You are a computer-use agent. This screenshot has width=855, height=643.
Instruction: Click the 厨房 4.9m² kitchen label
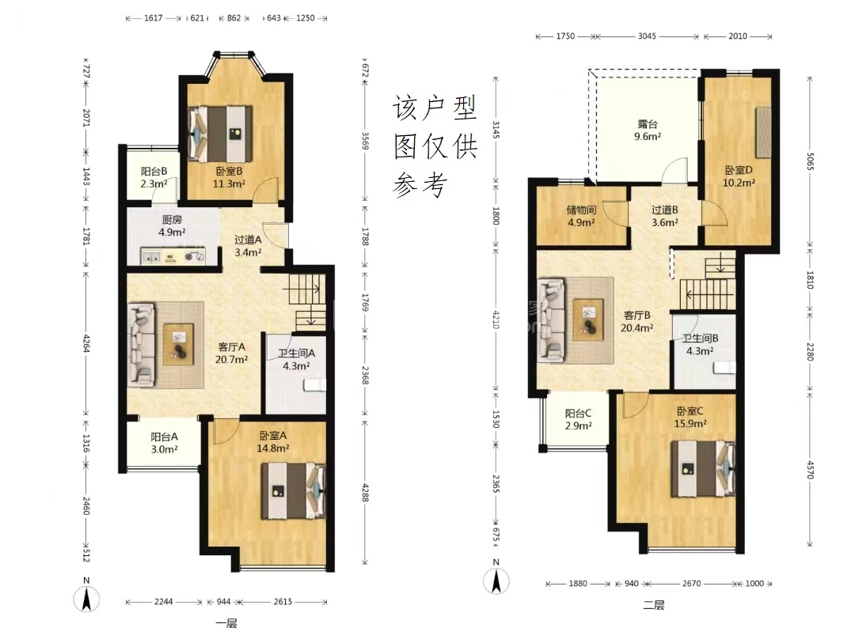click(x=172, y=225)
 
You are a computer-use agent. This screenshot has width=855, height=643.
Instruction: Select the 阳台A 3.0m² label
click(x=164, y=443)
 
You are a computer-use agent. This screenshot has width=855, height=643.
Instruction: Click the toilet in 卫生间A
click(x=314, y=386)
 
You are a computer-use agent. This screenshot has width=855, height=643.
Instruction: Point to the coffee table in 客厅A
click(x=179, y=344)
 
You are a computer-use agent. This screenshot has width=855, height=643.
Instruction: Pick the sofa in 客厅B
click(x=551, y=320)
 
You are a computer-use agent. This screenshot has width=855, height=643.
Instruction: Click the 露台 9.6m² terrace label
click(x=648, y=130)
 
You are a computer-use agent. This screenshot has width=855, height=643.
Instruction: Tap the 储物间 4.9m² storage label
click(x=581, y=216)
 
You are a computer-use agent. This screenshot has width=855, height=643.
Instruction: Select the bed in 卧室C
click(x=704, y=469)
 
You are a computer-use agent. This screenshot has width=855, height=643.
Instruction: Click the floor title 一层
click(x=226, y=623)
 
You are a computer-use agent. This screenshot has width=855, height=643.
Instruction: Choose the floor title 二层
click(x=654, y=605)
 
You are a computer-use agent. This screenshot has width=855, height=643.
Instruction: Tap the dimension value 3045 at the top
click(x=647, y=36)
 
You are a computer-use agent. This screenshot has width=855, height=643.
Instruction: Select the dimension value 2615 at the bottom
click(x=283, y=602)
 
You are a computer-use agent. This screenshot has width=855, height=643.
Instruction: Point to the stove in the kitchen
click(x=192, y=256)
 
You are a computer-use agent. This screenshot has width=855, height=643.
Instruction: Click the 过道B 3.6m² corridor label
click(x=665, y=216)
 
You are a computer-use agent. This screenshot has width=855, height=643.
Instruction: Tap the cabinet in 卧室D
click(x=763, y=130)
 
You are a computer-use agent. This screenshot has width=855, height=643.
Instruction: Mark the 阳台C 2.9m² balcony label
click(x=578, y=420)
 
